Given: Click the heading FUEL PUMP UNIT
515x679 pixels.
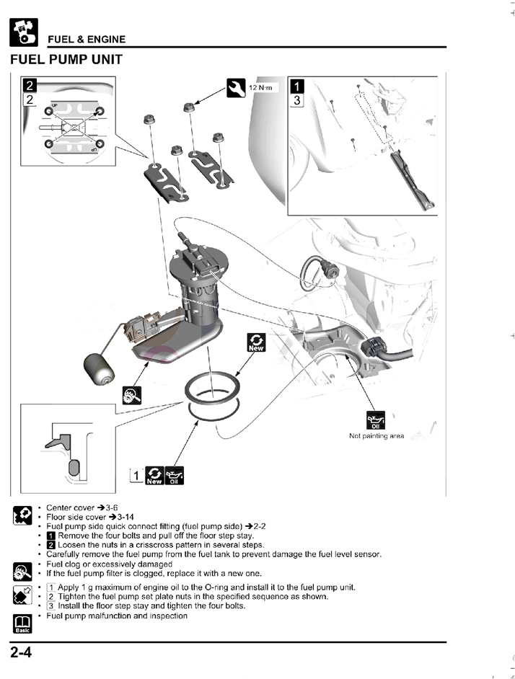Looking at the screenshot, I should (66, 59).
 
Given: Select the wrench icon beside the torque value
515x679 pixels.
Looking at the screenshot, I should (236, 87).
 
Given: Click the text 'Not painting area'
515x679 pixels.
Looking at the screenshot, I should (377, 435).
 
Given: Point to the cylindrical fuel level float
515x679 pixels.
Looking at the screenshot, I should (97, 365).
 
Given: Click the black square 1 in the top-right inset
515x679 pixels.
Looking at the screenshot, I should (296, 86).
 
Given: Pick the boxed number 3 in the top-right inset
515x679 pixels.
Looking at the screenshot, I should (296, 101).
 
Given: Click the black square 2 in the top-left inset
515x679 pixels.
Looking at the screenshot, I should (30, 86).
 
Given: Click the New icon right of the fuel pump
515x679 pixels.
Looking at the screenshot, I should (255, 342).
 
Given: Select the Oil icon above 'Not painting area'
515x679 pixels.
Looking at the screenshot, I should (377, 420).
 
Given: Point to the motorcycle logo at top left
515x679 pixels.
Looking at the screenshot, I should (23, 30).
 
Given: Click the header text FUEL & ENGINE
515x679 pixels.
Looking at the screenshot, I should (87, 40).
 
